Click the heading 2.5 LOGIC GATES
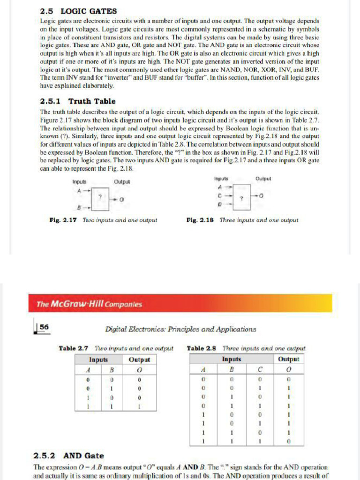click(78, 11)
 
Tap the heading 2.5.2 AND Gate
click(69, 455)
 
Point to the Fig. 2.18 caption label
click(201, 219)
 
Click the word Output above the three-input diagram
click(264, 179)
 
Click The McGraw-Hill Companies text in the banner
click(89, 304)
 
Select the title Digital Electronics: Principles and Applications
click(180, 329)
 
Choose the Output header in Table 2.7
click(139, 360)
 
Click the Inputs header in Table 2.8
click(231, 360)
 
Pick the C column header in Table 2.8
click(260, 368)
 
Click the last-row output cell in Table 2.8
click(289, 441)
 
